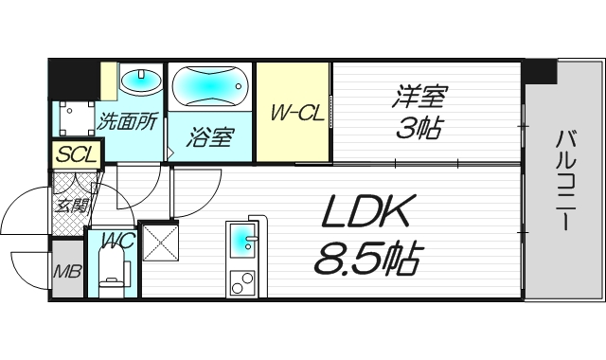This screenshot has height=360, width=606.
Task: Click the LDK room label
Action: click(x=365, y=210)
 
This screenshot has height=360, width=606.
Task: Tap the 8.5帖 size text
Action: click(x=366, y=258)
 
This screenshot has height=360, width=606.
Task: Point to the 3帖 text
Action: click(x=419, y=127)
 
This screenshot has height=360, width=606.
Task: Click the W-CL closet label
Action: click(x=297, y=113)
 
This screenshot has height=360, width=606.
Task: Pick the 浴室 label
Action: click(x=210, y=137)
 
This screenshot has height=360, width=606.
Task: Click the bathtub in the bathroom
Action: click(x=210, y=86)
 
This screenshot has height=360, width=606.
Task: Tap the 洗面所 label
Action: click(x=127, y=121)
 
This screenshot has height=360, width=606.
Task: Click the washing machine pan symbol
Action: click(x=77, y=118)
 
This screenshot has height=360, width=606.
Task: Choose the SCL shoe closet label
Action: click(x=77, y=155)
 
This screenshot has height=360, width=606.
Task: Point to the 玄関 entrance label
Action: click(x=70, y=206)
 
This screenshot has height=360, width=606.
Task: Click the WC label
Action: click(x=117, y=241)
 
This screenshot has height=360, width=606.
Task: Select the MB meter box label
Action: click(x=67, y=272)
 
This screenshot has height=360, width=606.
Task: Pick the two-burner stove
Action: click(x=242, y=284)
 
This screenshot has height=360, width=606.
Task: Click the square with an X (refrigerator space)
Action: click(x=160, y=243)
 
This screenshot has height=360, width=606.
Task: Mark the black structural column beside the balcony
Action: click(x=541, y=72)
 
